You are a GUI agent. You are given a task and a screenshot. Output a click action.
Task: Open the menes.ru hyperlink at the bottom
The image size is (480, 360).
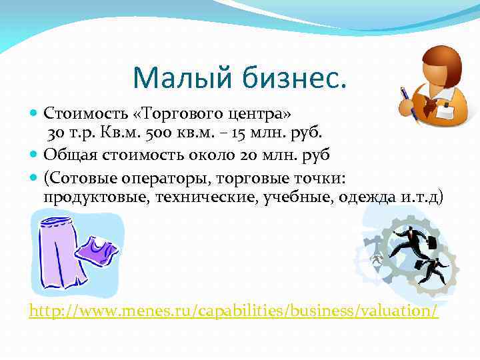pos(234,311)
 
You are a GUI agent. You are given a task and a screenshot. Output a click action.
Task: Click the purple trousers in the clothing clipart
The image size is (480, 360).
pos(61,251)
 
